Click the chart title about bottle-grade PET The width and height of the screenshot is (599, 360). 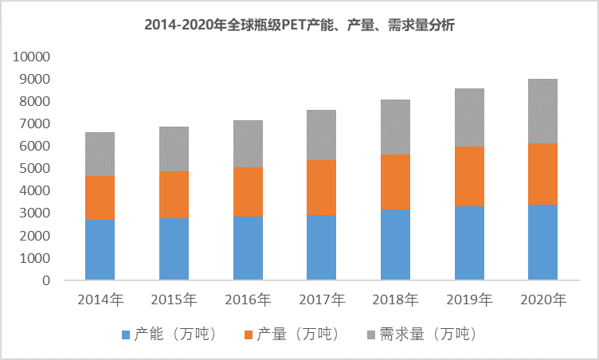(x=299, y=25)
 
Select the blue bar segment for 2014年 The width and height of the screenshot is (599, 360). (x=100, y=249)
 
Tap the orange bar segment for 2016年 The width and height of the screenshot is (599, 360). (x=248, y=191)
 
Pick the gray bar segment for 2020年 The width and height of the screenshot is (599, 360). (x=543, y=111)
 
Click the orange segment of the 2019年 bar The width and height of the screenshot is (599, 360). (x=469, y=176)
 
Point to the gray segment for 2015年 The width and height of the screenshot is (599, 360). (x=174, y=149)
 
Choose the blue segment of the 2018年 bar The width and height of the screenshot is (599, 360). (x=395, y=245)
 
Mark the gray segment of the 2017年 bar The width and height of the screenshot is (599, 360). (x=322, y=135)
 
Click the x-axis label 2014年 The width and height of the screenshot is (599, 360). (x=100, y=300)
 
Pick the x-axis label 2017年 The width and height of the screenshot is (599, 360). (x=322, y=300)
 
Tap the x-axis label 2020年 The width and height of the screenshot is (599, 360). (x=543, y=300)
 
